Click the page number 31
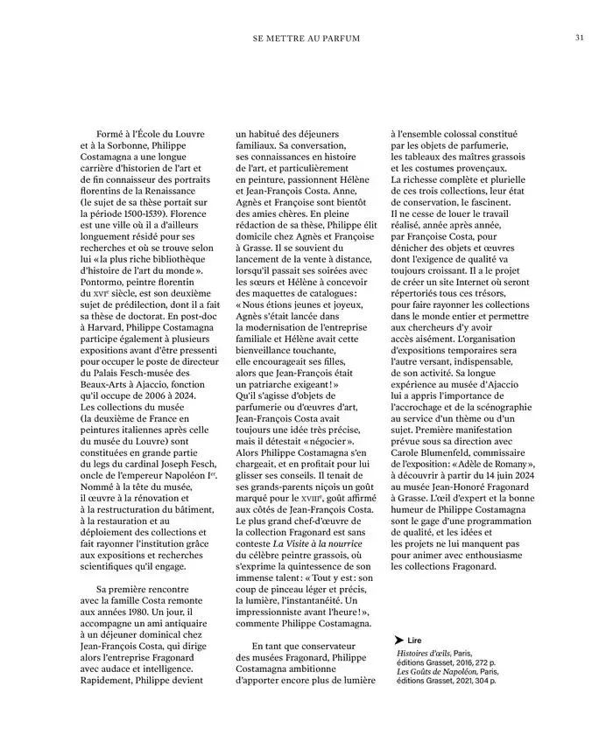coord(580,38)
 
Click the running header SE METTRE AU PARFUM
coord(306,39)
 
